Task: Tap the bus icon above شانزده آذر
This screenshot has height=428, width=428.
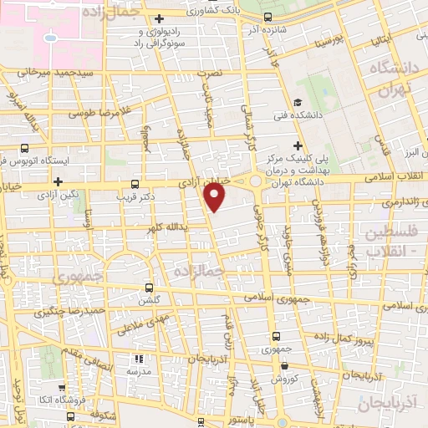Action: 267,18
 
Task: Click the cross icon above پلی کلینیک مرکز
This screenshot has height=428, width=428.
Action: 308,145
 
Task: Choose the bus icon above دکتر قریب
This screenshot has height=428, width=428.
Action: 136,186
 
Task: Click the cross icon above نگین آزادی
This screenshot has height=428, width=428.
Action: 58,181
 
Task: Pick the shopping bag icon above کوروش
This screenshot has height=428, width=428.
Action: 285,364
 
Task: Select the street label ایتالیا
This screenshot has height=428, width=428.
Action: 378,38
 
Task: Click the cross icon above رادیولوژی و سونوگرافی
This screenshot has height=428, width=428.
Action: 160,18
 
